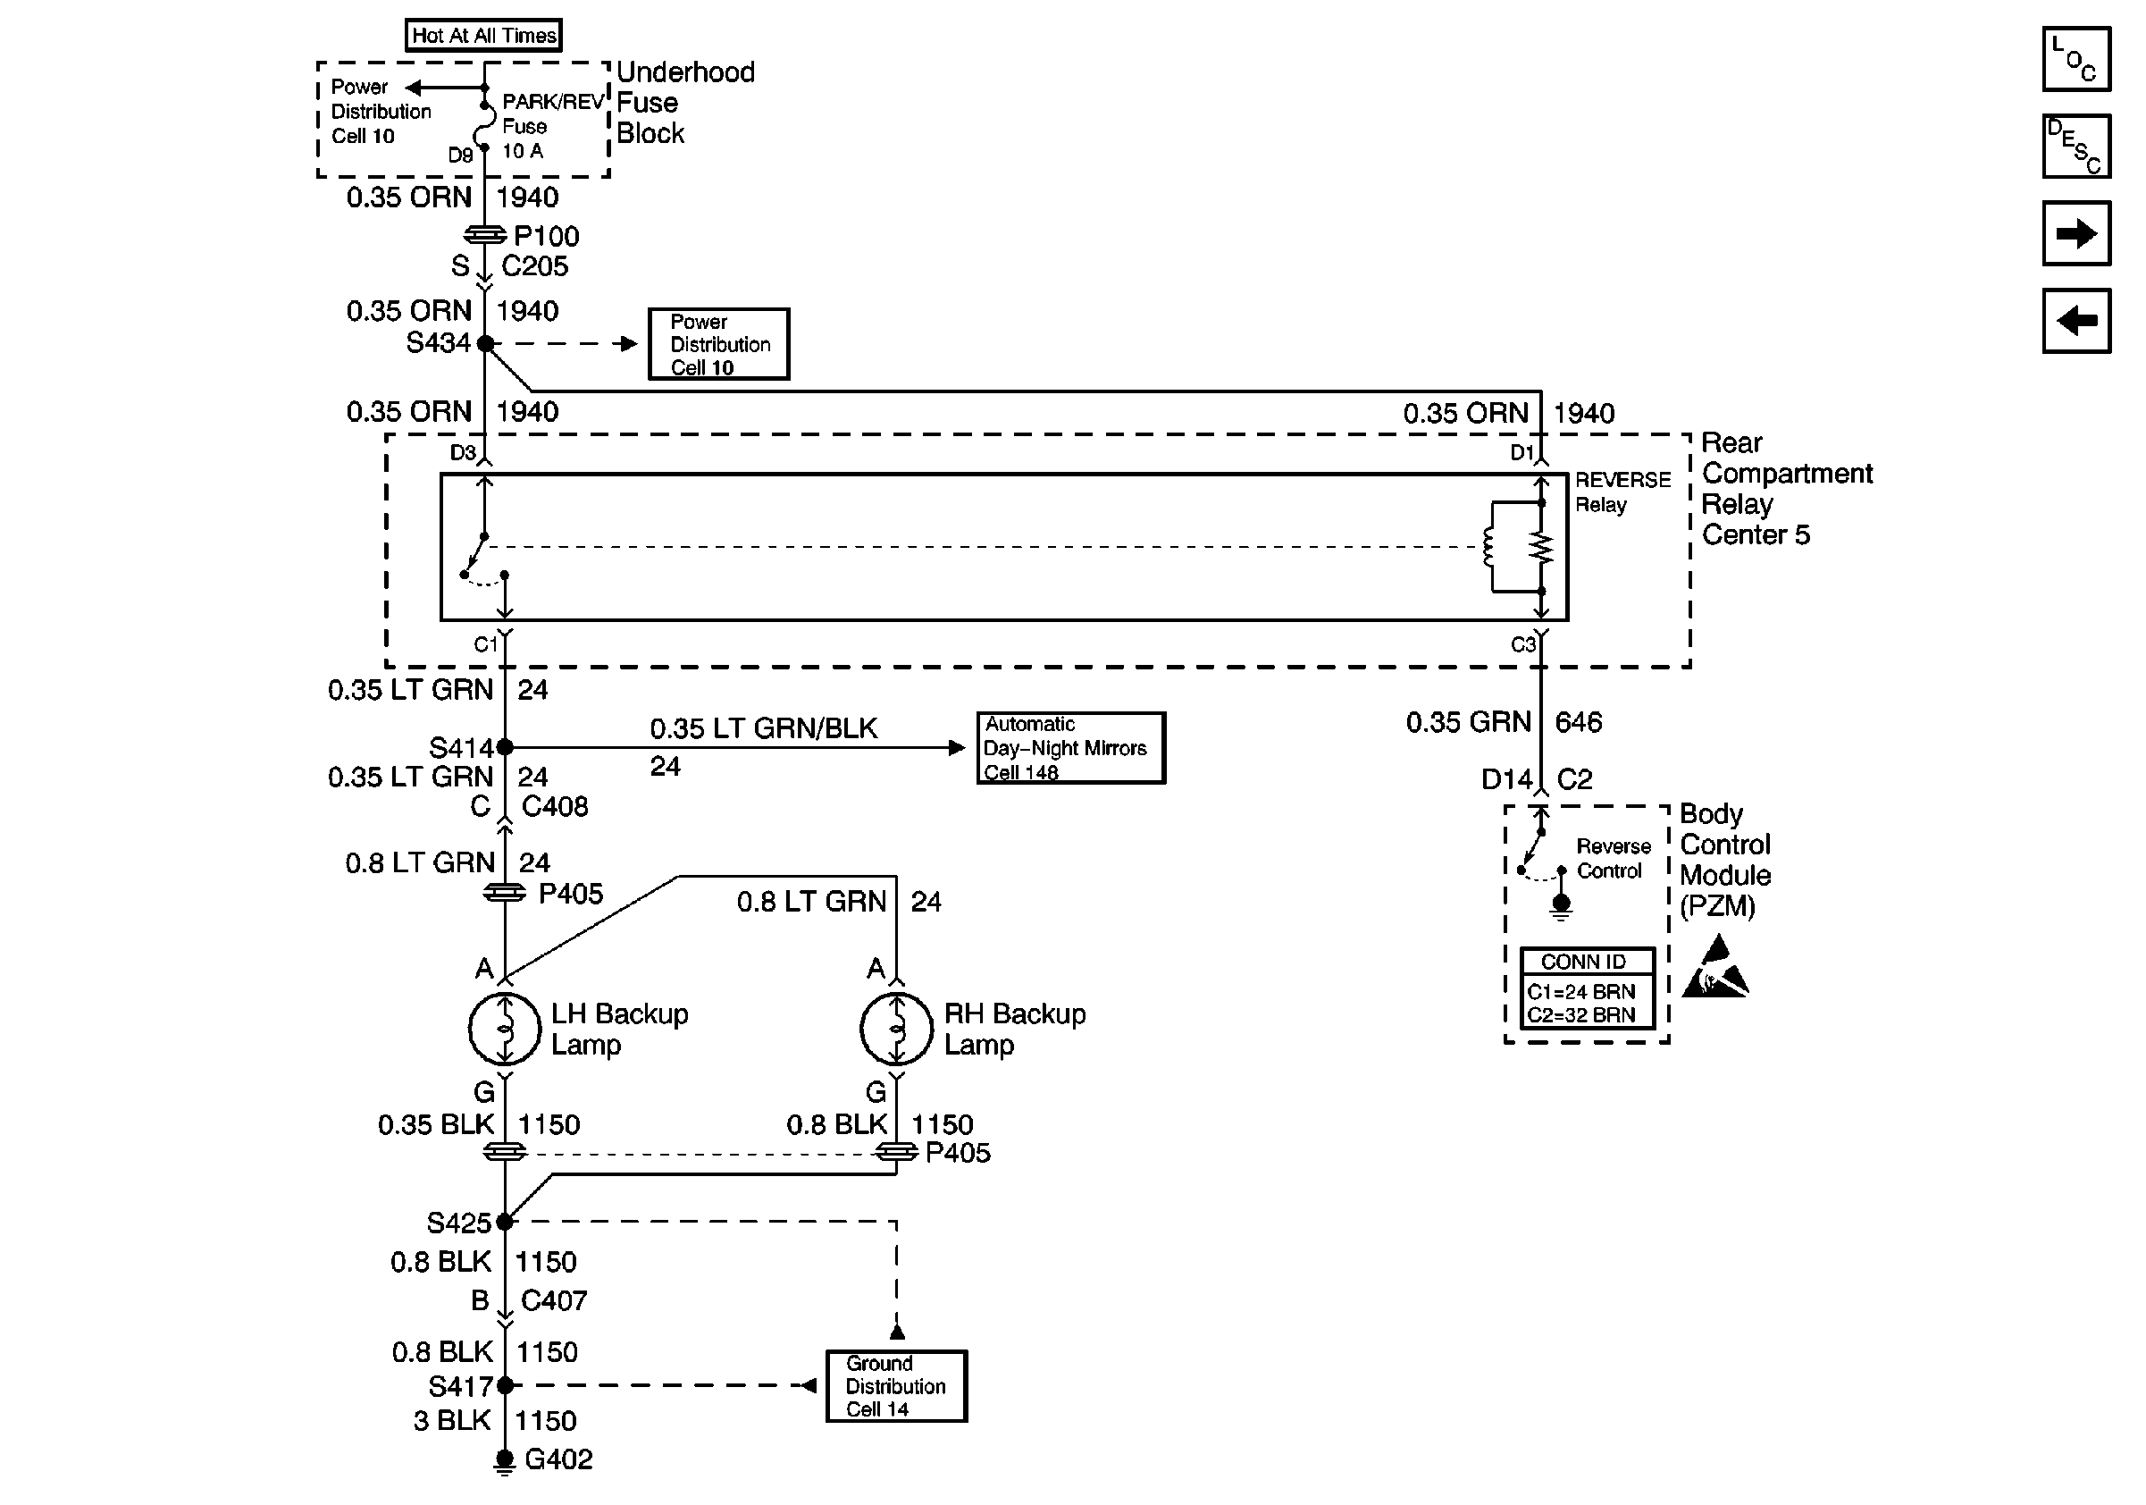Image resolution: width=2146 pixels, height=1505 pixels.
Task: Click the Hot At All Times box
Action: point(483,36)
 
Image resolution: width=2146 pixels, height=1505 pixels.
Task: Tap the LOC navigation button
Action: point(2076,59)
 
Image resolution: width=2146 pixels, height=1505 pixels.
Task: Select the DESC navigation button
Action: point(2076,146)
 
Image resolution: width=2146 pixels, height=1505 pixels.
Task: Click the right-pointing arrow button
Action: point(2076,232)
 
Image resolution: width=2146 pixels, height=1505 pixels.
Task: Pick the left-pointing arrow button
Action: point(2076,321)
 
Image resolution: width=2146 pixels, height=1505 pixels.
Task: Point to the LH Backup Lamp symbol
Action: point(505,1030)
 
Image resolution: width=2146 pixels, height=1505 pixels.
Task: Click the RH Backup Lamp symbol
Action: point(896,1030)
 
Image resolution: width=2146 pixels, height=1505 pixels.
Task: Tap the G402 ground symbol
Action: point(505,1460)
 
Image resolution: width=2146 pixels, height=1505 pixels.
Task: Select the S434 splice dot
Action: point(485,343)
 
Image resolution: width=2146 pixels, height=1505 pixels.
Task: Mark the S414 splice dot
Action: point(505,747)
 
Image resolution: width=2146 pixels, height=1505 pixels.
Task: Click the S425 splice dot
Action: point(505,1222)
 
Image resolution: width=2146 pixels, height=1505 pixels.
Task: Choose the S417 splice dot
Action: point(505,1385)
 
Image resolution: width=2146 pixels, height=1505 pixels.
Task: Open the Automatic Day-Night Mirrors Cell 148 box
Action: point(1070,748)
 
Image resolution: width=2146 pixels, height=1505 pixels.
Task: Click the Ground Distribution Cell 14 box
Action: point(895,1386)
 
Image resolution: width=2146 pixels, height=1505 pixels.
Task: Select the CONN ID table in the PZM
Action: point(1587,989)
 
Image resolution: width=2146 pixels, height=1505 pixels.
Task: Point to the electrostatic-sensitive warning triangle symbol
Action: point(1716,971)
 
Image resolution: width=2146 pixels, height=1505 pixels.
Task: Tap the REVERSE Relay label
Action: point(1622,492)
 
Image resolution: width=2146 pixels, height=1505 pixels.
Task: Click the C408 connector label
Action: point(554,807)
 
